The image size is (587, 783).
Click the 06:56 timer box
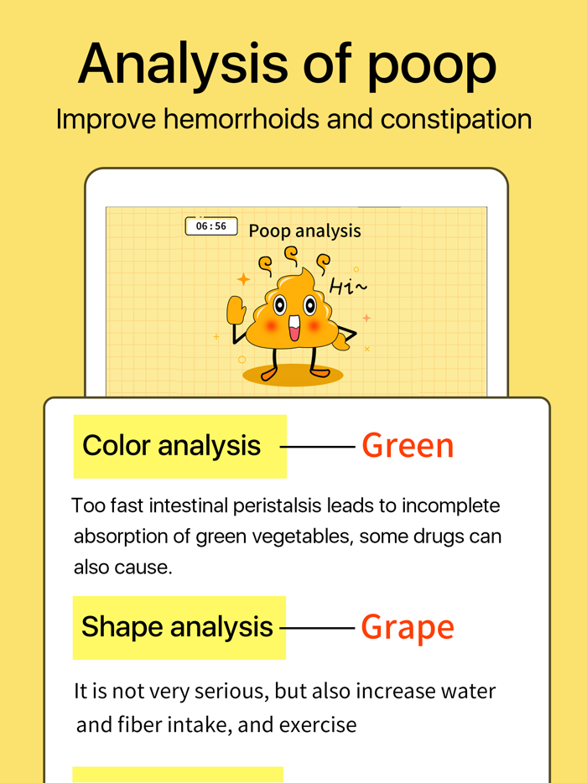pos(211,226)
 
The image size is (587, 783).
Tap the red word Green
pos(408,445)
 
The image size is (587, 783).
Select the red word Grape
pos(408,627)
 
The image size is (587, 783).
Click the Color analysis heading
pos(171,445)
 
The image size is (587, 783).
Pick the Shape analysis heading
pos(177,627)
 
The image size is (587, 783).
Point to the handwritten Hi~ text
pos(348,287)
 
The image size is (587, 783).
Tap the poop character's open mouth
pos(294,328)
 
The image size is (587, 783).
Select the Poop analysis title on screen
pos(304,231)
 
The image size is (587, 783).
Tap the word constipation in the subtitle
pos(456,121)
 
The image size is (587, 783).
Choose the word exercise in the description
pos(318,725)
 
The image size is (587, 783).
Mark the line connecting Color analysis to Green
pos(318,447)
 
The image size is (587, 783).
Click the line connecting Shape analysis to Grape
pos(318,628)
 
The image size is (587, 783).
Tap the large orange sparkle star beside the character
pos(243,279)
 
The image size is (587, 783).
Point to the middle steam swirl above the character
pos(290,255)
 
